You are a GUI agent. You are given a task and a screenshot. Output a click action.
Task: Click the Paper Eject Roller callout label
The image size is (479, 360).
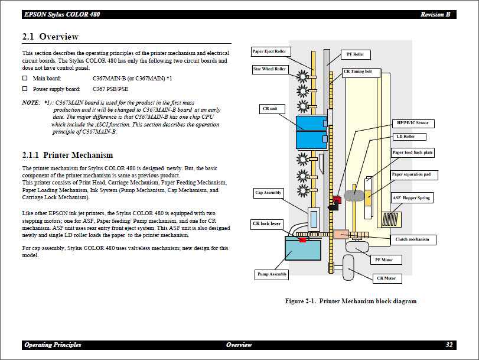[269, 51]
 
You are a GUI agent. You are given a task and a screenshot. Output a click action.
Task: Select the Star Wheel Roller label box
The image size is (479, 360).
[269, 69]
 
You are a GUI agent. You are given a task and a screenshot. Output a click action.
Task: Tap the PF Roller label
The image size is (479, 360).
[355, 54]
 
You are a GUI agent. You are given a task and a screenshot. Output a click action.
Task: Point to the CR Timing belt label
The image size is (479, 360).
[358, 72]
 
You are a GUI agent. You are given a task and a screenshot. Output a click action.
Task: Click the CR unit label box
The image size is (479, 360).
[269, 109]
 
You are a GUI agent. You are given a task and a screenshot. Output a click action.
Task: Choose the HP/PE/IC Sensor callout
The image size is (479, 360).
[413, 123]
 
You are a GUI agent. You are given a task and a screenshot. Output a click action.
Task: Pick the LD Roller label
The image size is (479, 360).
[405, 137]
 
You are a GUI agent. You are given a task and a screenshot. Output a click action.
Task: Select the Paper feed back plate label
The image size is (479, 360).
[412, 153]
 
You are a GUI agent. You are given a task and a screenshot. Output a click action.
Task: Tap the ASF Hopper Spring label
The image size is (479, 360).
[411, 198]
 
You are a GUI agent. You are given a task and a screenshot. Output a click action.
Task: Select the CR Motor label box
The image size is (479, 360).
[386, 278]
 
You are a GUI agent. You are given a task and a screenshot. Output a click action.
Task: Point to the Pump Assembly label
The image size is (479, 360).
[272, 274]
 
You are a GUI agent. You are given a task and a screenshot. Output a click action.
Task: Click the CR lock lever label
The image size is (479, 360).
[266, 224]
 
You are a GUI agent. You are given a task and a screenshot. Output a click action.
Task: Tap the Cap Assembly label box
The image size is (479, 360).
[268, 193]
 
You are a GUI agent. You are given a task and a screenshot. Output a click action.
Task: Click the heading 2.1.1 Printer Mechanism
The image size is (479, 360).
[67, 155]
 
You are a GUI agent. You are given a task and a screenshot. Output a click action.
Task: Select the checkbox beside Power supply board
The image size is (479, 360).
[25, 89]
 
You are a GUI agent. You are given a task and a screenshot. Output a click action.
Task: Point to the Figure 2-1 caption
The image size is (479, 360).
[350, 301]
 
